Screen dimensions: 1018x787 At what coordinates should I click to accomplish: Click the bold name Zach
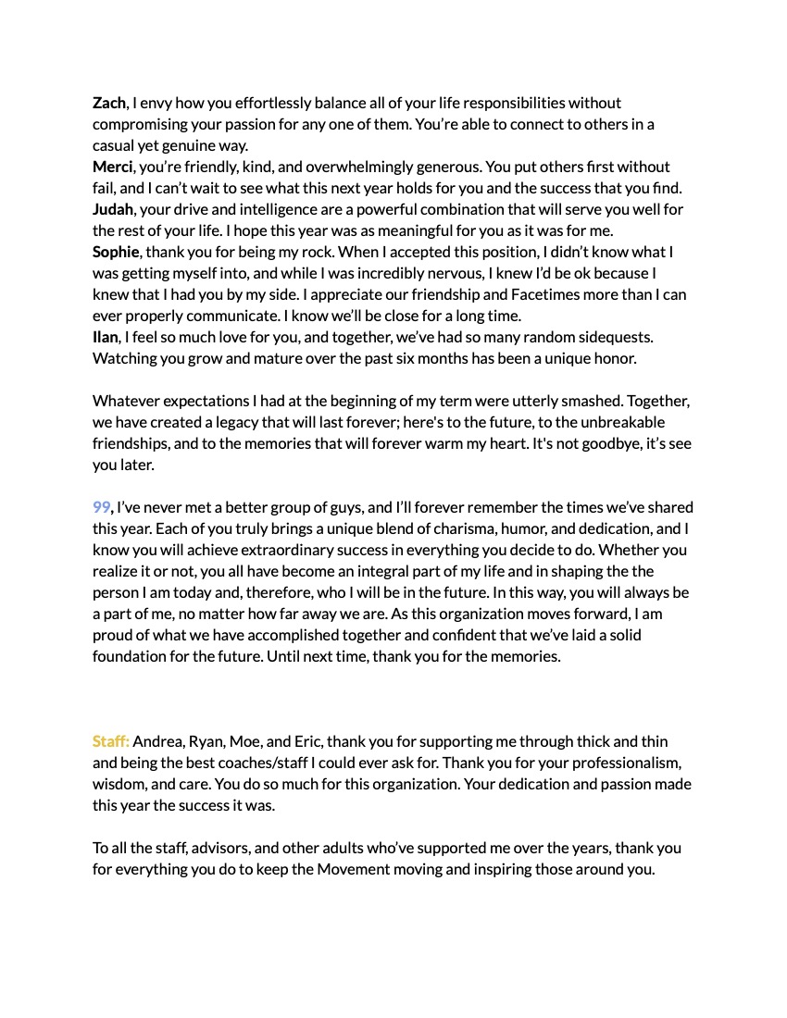pos(109,103)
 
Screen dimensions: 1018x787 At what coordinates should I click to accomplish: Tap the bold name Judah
pos(113,209)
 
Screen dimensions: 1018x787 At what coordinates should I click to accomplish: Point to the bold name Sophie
pos(116,252)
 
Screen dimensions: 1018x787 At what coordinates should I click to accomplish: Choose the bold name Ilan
pos(106,337)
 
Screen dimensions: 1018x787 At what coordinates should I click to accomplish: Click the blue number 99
pos(102,507)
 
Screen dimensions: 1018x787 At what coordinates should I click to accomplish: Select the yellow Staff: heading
pos(111,741)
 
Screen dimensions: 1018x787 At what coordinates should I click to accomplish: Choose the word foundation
pos(132,656)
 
